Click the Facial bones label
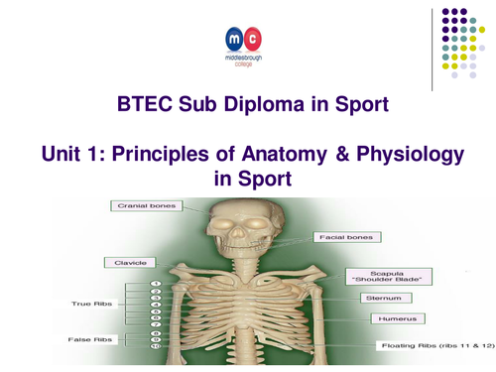pyautogui.click(x=343, y=238)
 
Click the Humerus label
pyautogui.click(x=387, y=319)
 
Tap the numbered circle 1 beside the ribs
pyautogui.click(x=154, y=284)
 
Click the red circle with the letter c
pyautogui.click(x=254, y=39)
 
